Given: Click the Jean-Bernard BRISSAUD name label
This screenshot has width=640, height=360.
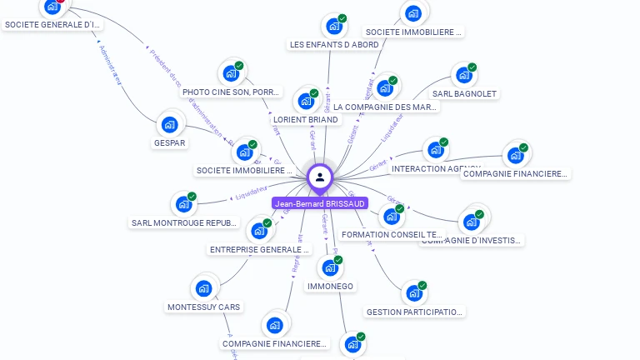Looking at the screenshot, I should (320, 204).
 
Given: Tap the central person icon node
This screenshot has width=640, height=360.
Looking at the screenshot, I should (320, 177).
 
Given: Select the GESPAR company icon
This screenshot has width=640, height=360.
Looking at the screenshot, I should (170, 125).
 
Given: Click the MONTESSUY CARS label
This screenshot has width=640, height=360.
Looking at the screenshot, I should (203, 307).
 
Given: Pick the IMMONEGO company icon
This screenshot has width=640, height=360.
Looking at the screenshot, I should (330, 268).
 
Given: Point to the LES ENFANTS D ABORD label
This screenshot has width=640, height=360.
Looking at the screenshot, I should (334, 45).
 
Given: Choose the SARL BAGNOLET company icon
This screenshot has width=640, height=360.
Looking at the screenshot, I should (464, 76).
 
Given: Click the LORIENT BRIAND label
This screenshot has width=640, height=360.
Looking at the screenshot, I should (306, 119).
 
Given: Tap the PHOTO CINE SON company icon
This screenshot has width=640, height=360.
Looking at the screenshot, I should (231, 73).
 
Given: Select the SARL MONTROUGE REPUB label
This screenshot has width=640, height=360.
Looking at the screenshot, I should (184, 222).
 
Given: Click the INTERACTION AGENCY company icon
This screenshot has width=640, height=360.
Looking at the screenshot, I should (435, 151).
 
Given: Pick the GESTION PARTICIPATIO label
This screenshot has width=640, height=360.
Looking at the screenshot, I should (414, 312).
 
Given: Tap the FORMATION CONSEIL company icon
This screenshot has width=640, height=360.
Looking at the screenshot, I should (391, 217).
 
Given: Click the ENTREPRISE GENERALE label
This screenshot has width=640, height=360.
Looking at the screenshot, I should (259, 249).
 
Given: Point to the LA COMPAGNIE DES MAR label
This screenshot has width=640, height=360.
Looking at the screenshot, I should (385, 107).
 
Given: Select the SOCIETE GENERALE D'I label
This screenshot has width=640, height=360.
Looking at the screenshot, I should (52, 25).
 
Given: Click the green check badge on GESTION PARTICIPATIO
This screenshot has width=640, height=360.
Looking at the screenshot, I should (422, 286).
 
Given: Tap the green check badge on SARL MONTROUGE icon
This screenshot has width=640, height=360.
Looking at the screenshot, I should (192, 197).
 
